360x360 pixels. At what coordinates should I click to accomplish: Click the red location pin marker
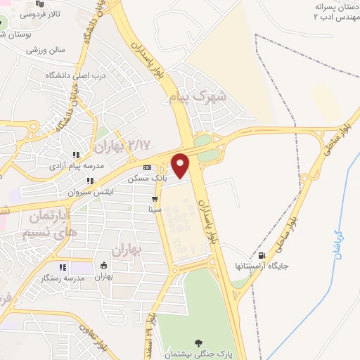181,165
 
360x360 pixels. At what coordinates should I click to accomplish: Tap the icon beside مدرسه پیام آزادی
75,155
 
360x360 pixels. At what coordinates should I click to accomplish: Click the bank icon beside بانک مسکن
147,167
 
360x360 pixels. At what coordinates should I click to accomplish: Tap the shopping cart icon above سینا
155,199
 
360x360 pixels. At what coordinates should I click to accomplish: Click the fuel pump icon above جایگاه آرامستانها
262,255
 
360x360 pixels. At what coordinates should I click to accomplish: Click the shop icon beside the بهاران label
104,266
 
